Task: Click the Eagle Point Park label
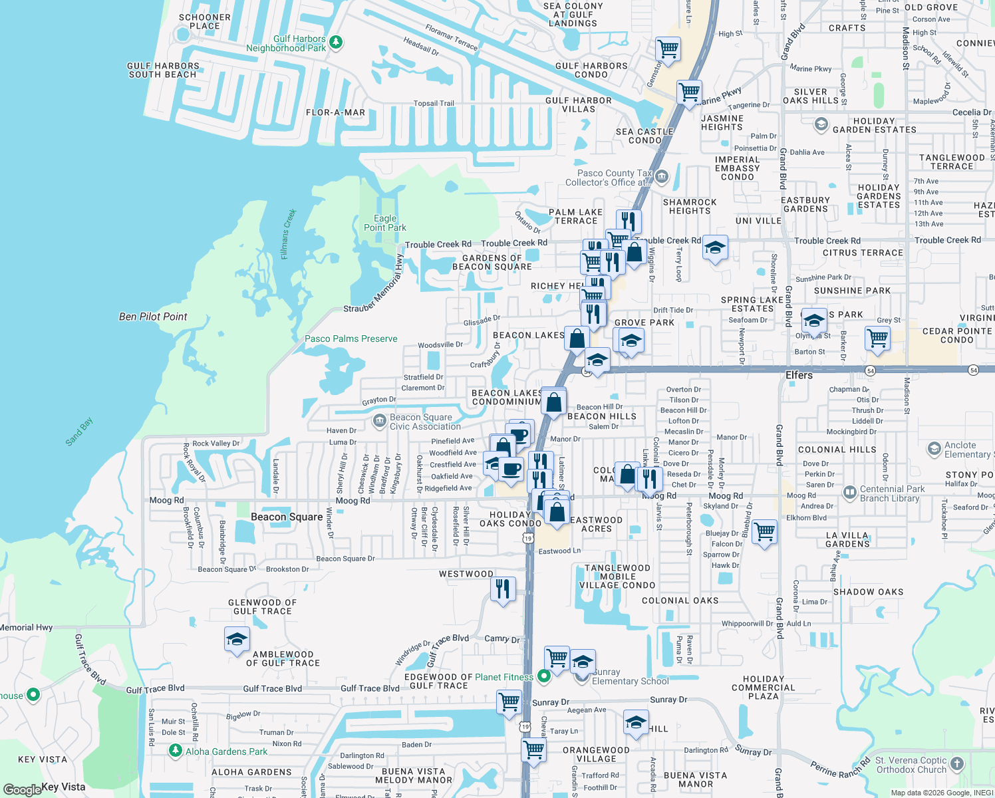(384, 223)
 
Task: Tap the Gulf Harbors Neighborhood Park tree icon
(336, 43)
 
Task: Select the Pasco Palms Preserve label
(351, 338)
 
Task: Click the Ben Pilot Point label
(153, 317)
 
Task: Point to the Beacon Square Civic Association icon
(379, 421)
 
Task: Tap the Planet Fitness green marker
(544, 676)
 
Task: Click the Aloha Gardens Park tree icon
(175, 751)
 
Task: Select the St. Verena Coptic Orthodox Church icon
(956, 763)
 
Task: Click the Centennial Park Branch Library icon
(849, 493)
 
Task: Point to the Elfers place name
(799, 375)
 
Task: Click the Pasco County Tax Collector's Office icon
(661, 176)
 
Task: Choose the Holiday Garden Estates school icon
(821, 124)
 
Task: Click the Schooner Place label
(205, 21)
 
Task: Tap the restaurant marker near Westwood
(503, 589)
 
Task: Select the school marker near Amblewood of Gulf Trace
(237, 640)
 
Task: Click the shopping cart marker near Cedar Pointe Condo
(877, 338)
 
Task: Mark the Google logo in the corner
(22, 789)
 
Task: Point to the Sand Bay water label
(79, 432)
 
